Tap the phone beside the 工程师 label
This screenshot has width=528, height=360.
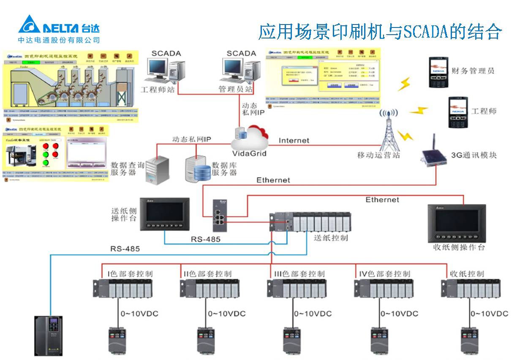click(x=457, y=112)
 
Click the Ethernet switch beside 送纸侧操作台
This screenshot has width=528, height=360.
click(x=219, y=215)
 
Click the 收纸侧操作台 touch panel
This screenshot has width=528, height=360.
click(x=457, y=223)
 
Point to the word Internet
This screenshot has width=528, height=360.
click(x=294, y=140)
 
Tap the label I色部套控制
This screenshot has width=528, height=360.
click(x=130, y=273)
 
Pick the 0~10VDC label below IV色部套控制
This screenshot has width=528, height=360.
click(x=399, y=314)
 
